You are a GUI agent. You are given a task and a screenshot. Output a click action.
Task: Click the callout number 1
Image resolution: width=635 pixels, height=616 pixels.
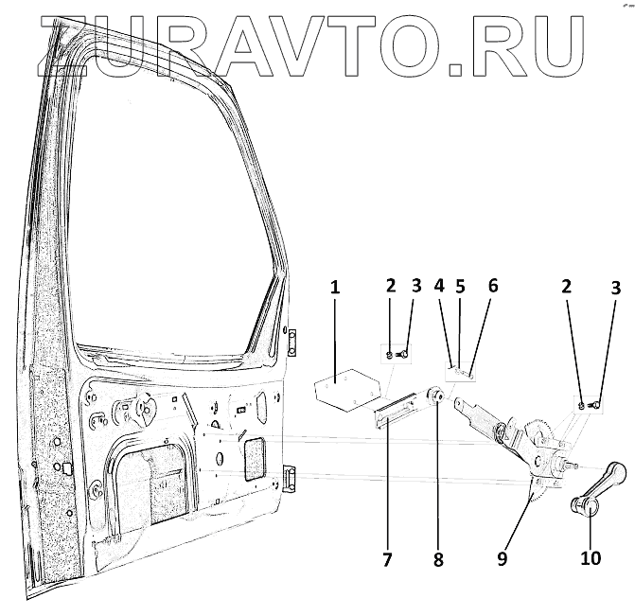coord(334,287)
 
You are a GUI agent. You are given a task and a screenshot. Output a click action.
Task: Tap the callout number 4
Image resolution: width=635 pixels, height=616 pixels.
coord(439,285)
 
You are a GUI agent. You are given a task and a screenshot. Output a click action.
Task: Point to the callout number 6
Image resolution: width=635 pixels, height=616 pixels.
coord(492,285)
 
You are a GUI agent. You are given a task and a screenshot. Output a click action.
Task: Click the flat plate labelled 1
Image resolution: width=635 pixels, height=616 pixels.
coord(340,391)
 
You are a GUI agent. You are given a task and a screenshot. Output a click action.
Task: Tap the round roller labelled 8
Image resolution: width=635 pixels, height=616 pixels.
coord(438,396)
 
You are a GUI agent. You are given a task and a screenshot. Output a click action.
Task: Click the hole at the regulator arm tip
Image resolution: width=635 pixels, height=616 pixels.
coord(461,404)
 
